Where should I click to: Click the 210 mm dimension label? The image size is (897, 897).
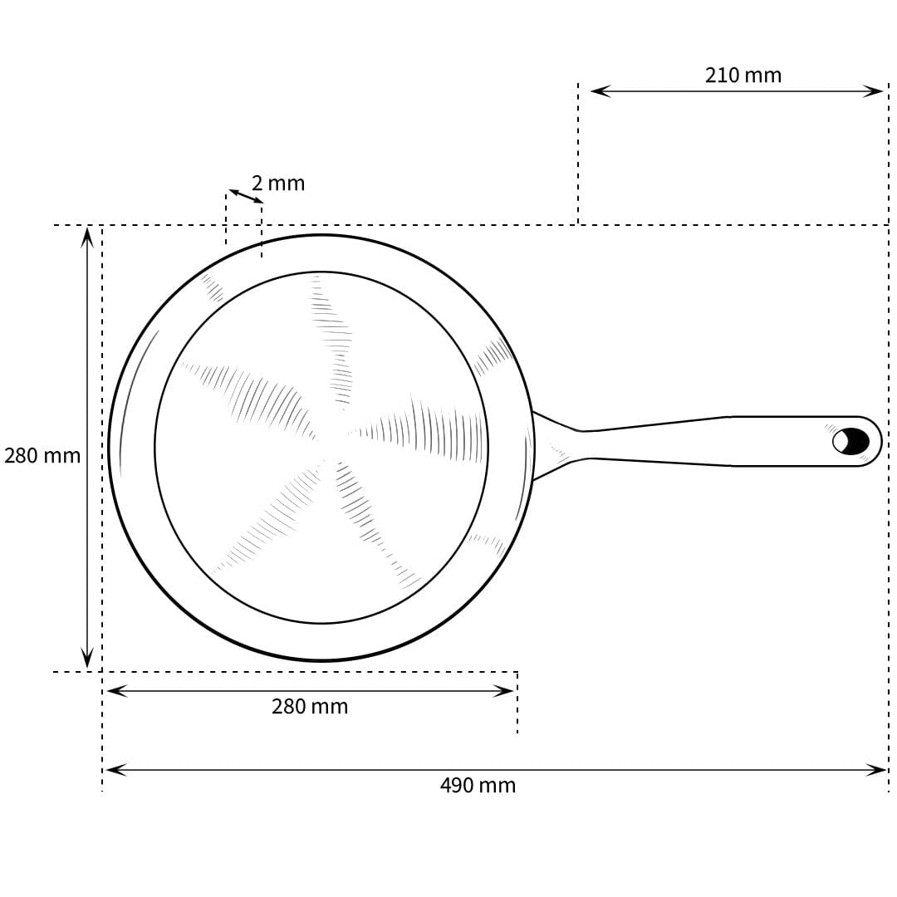(x=743, y=76)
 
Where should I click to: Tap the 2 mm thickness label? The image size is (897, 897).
(x=278, y=184)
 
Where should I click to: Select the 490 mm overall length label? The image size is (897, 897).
(x=478, y=786)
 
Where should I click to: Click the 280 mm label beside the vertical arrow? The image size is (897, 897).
(x=42, y=456)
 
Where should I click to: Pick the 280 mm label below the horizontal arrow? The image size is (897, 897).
(x=310, y=707)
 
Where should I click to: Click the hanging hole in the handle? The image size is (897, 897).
(x=850, y=441)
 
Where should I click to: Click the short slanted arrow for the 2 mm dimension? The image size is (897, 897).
(x=246, y=196)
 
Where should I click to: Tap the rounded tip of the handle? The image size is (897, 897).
(x=877, y=441)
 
